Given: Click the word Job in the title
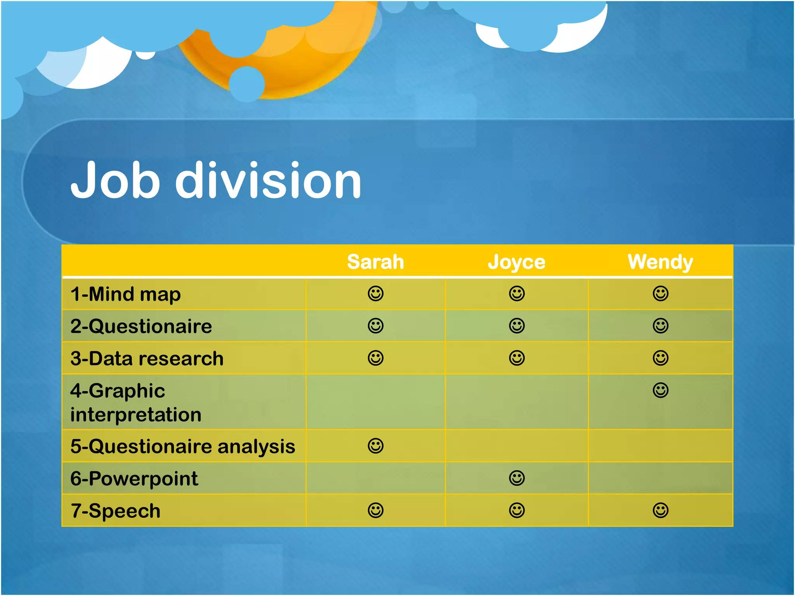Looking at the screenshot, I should click(115, 181).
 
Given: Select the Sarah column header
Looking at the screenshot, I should click(375, 262).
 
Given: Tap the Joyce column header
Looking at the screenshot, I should click(516, 262).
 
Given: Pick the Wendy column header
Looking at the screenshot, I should click(660, 262).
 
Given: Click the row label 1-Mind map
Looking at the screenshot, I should click(125, 294).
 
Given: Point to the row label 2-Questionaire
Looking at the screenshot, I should click(141, 326).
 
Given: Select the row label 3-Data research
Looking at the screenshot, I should click(147, 358).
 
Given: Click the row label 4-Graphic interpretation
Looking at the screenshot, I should click(135, 402).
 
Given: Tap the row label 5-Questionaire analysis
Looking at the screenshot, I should click(182, 446).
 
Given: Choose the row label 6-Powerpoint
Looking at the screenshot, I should click(134, 478).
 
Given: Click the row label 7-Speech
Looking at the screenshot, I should click(115, 511).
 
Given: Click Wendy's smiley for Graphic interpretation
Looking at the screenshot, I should click(660, 390).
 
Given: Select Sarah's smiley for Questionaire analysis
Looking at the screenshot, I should click(375, 446).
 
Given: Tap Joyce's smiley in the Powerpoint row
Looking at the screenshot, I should click(517, 478).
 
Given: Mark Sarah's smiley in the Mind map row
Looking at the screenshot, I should click(375, 293).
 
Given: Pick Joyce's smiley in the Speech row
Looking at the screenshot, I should click(517, 510).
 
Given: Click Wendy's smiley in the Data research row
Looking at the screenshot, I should click(660, 358).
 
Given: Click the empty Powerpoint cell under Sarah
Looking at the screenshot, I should click(375, 478).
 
